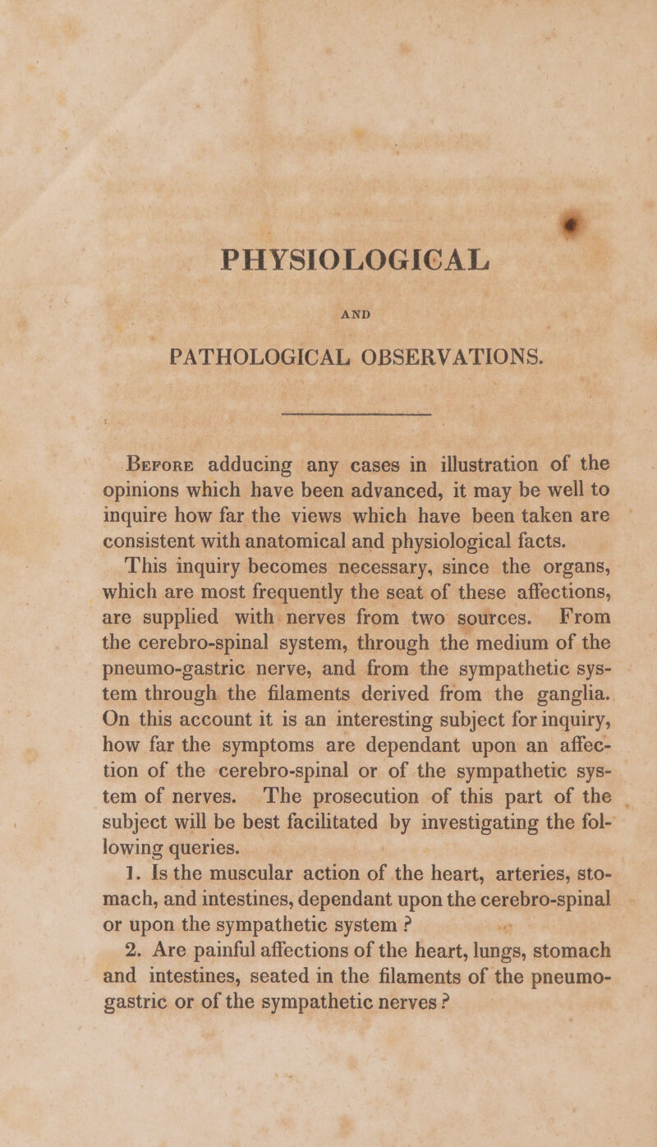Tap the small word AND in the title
[329, 339]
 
